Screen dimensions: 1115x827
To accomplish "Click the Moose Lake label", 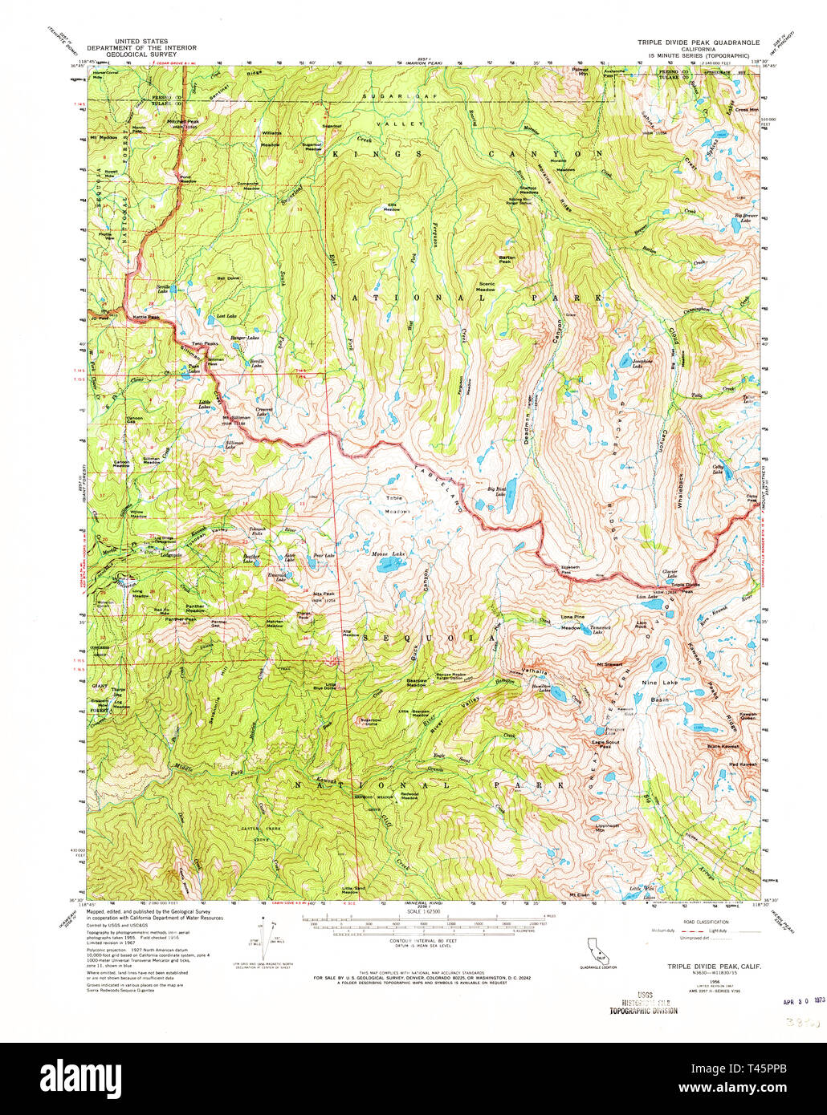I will click(388, 554).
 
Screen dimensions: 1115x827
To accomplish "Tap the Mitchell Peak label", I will click(181, 122).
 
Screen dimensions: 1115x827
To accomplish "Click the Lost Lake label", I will click(226, 316).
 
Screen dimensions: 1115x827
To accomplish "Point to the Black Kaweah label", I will click(723, 747).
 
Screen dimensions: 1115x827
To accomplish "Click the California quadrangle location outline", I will click(597, 950).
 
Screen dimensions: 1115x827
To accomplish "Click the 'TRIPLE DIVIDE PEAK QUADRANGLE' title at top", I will click(692, 42).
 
